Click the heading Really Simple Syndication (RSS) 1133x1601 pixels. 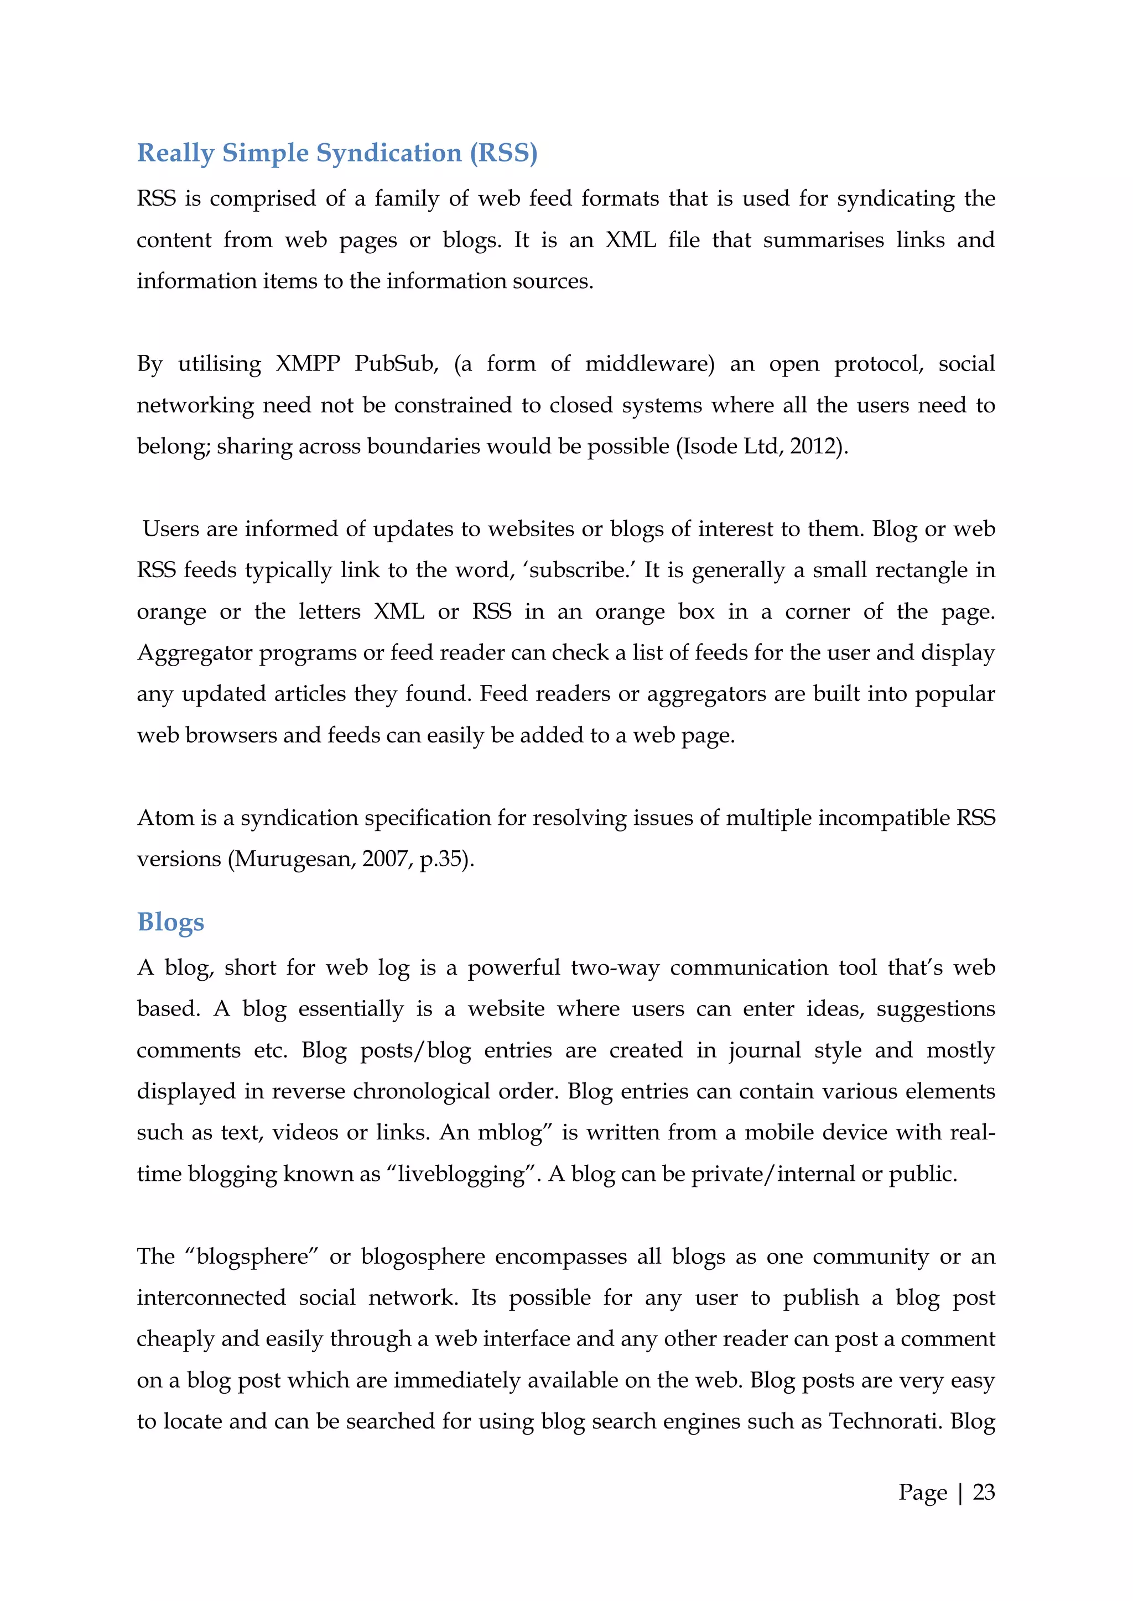click(x=337, y=153)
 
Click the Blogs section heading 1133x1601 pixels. click(x=170, y=922)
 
